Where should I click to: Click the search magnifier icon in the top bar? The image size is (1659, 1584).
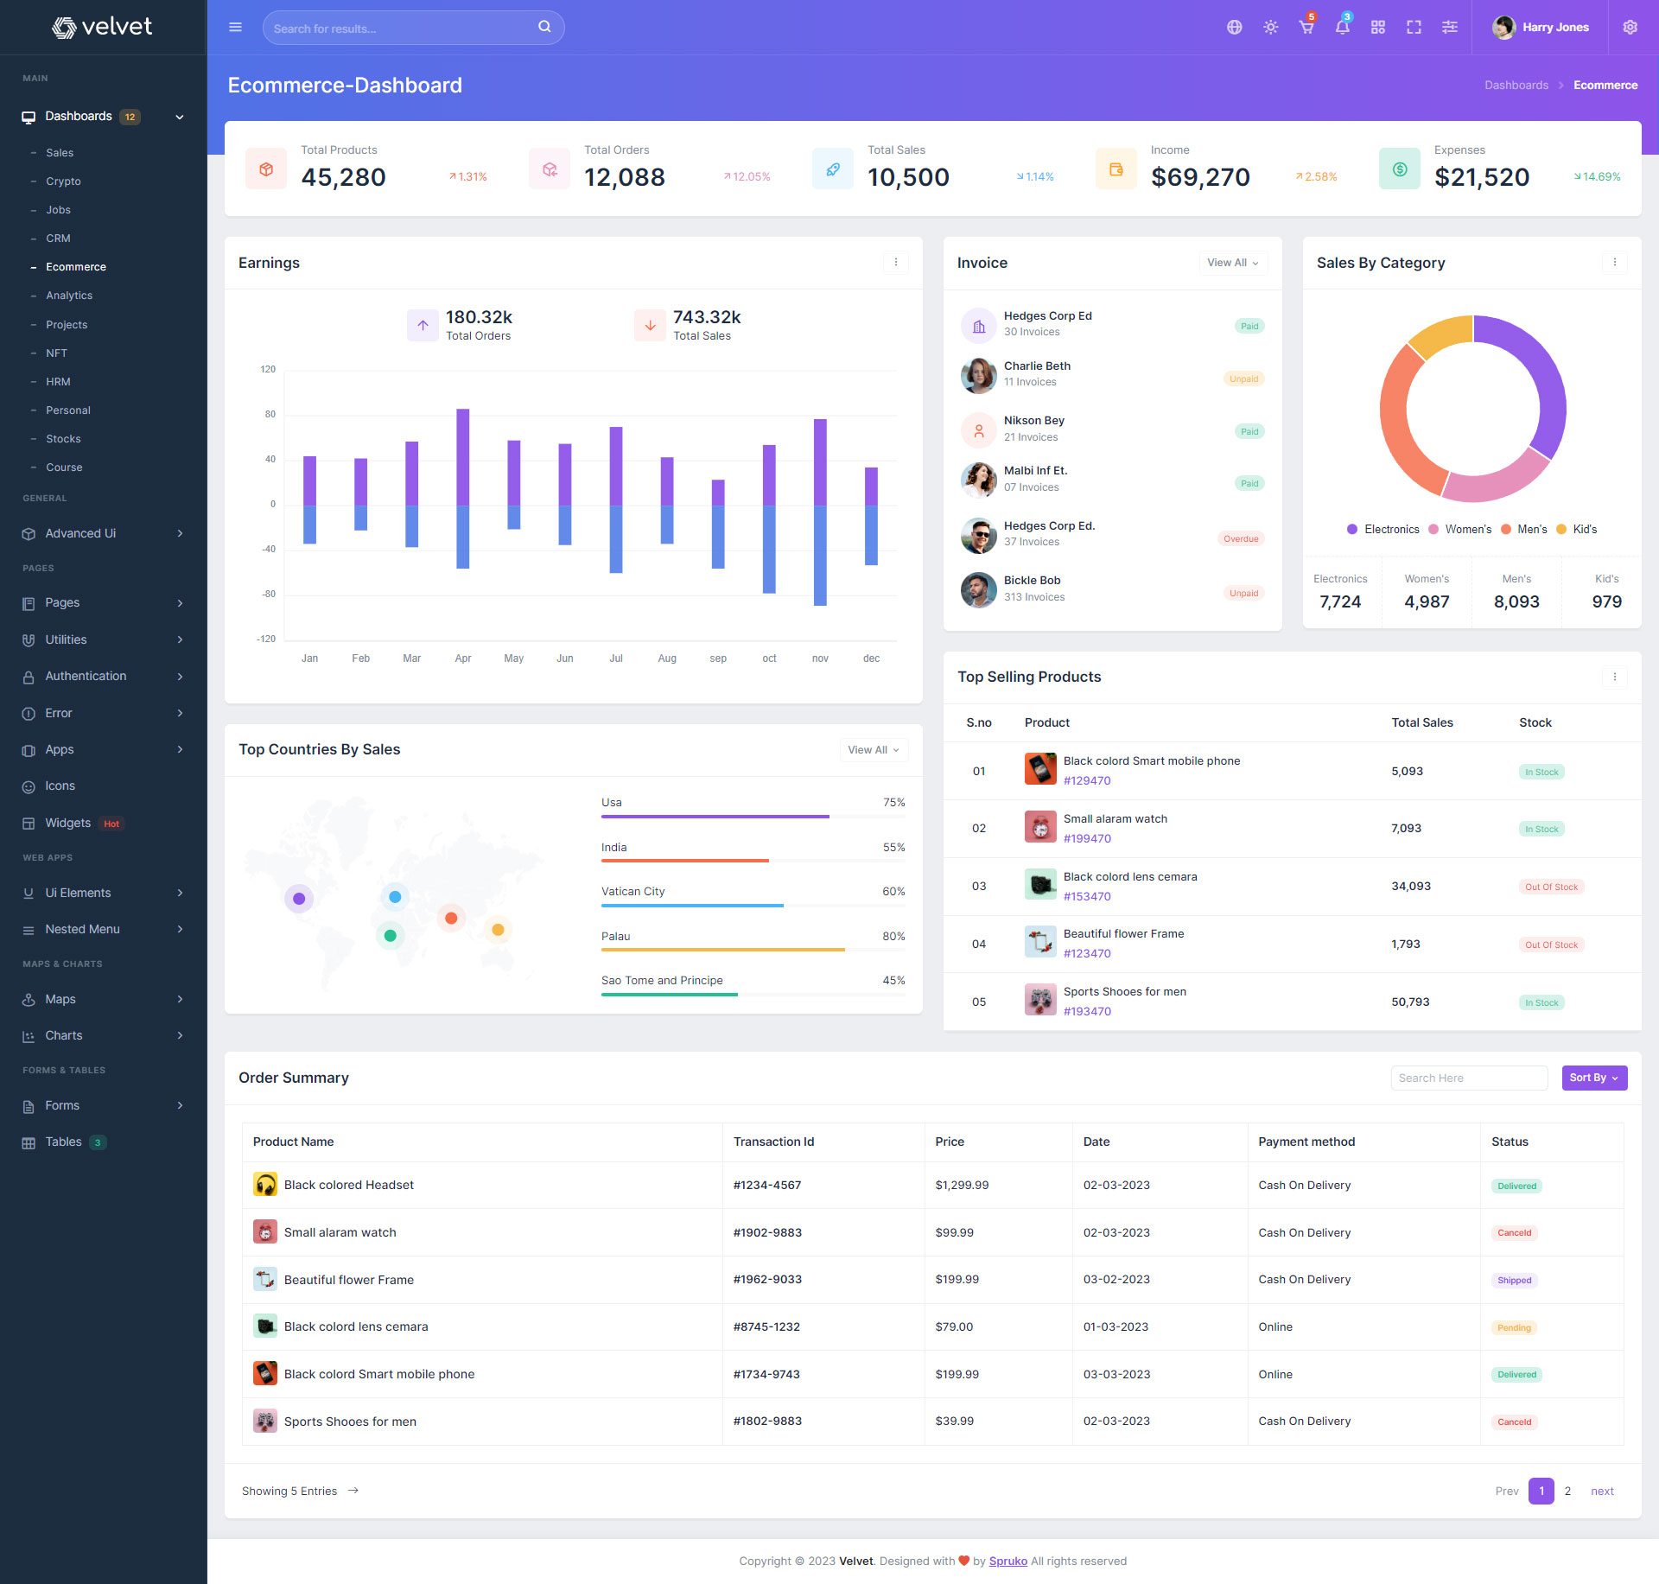click(x=544, y=27)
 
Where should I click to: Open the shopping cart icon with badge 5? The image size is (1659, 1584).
click(x=1306, y=28)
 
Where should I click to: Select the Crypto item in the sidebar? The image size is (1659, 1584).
click(x=63, y=181)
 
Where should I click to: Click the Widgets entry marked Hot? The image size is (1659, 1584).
click(x=68, y=823)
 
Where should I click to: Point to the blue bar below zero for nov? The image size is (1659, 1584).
click(x=820, y=555)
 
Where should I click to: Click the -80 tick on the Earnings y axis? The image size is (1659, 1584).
click(x=270, y=594)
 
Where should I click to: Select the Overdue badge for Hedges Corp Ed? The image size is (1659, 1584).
click(x=1241, y=539)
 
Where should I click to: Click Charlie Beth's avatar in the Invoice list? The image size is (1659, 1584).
click(x=978, y=375)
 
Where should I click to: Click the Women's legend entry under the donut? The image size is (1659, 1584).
click(x=1460, y=530)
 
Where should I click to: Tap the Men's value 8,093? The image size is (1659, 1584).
click(x=1516, y=602)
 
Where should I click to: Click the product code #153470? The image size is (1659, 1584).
click(x=1087, y=897)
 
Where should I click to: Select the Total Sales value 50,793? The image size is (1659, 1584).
click(x=1410, y=1002)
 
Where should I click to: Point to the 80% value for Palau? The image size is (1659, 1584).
click(x=893, y=937)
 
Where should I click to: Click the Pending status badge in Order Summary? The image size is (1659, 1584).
click(x=1514, y=1328)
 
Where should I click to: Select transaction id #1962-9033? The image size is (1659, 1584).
click(x=767, y=1280)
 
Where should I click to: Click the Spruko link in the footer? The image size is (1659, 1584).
click(x=1007, y=1561)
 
